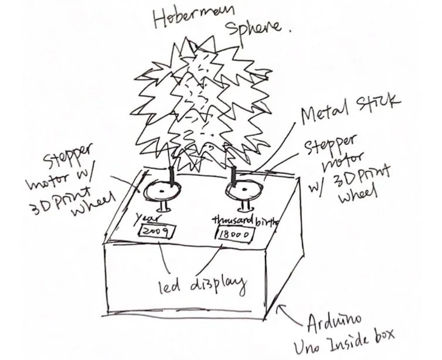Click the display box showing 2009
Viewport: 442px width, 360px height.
(x=155, y=232)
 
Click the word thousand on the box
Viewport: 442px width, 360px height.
(x=233, y=220)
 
